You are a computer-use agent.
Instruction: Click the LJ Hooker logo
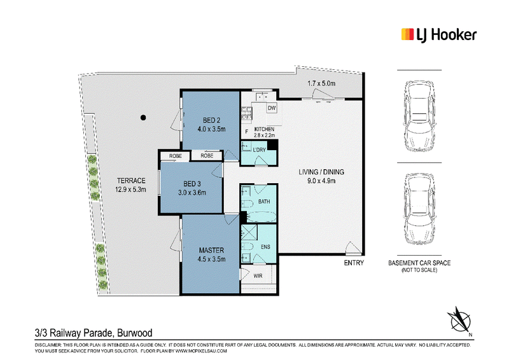click(x=439, y=35)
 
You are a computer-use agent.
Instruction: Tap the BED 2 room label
click(x=211, y=120)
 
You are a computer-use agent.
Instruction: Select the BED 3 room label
click(x=192, y=184)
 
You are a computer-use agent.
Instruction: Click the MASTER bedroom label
click(x=211, y=250)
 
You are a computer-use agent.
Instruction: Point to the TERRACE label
click(x=131, y=181)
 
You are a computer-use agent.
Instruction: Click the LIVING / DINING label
click(x=321, y=172)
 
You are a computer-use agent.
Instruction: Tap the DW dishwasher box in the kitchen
click(x=272, y=108)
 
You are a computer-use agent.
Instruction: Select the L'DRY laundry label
click(x=259, y=149)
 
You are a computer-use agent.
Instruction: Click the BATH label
click(x=264, y=202)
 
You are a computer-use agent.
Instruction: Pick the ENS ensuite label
click(x=265, y=247)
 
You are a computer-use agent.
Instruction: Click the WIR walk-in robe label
click(x=258, y=276)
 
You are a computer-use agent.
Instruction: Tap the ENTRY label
click(x=354, y=263)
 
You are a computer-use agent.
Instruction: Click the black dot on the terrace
click(x=143, y=118)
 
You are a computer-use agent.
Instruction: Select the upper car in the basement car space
click(x=419, y=116)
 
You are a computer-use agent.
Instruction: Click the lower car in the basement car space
click(x=419, y=209)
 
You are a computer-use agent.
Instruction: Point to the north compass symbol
click(x=459, y=321)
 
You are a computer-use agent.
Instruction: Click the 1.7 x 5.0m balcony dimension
click(x=321, y=83)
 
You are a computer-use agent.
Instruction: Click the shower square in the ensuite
click(x=249, y=232)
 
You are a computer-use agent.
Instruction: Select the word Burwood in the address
click(x=135, y=333)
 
